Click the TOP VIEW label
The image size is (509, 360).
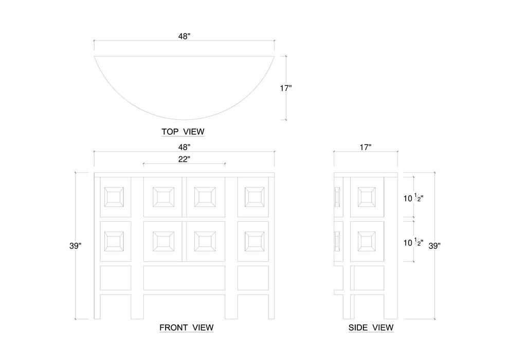click(x=183, y=132)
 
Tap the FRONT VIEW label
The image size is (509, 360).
click(x=186, y=327)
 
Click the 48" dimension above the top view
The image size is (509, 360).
click(x=184, y=37)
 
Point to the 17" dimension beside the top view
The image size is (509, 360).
click(x=286, y=88)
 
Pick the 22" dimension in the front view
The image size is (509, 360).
click(x=184, y=159)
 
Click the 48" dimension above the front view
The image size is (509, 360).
click(x=184, y=147)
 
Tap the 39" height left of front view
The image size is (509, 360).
click(x=75, y=246)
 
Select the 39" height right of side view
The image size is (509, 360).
click(x=435, y=246)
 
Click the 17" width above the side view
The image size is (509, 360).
click(x=366, y=147)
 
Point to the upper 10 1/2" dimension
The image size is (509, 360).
click(x=413, y=197)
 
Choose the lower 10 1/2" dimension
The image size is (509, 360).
click(x=413, y=241)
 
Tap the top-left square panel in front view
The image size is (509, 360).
click(x=114, y=197)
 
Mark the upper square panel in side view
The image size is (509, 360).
click(x=368, y=197)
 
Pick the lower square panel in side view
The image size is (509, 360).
click(x=368, y=241)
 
